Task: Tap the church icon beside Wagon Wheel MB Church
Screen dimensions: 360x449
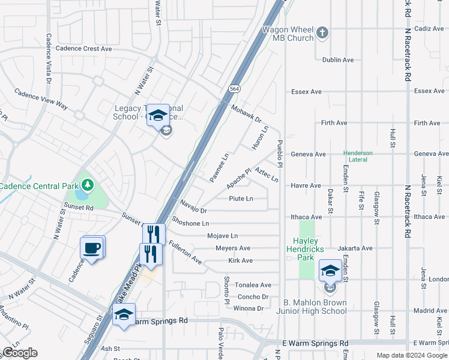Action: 322,32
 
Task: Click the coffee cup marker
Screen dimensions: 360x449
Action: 92,248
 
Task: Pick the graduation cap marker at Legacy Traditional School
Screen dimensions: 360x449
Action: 158,115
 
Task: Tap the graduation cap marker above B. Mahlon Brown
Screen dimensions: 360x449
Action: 330,271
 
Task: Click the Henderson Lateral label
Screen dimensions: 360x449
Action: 358,157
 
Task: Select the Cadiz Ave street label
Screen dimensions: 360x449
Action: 428,28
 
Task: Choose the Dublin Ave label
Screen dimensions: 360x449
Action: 338,60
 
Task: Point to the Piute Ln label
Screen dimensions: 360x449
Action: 241,199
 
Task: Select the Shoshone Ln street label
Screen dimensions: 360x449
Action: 190,223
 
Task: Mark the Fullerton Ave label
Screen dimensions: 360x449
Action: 185,253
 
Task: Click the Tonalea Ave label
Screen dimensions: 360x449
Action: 253,285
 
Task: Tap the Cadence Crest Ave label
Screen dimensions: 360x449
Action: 83,49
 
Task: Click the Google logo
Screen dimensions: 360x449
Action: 19,353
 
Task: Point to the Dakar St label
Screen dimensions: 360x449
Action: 330,204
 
